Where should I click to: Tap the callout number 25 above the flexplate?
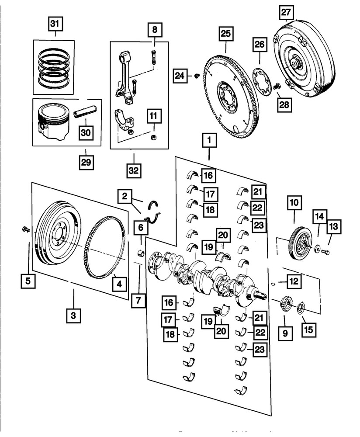(x=226, y=34)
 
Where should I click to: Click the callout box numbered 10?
(x=293, y=203)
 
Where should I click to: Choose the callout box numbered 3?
(x=73, y=314)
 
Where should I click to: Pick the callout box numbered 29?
(x=86, y=162)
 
